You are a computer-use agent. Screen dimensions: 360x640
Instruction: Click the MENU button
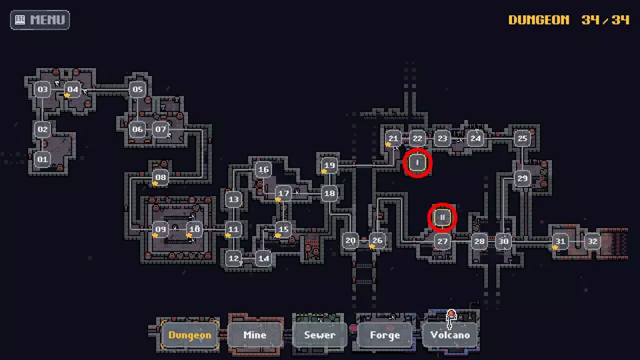pos(40,19)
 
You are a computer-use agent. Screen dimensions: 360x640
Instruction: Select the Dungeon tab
pos(189,335)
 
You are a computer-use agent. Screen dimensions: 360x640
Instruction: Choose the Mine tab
pos(255,335)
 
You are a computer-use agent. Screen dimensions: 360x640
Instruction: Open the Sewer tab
pos(319,335)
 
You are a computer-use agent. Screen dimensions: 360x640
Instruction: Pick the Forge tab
pos(385,335)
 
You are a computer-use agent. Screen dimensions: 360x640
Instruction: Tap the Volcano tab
pos(450,335)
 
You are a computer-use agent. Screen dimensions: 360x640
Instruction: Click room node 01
pos(43,159)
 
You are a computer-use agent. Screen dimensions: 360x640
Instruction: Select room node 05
pos(137,89)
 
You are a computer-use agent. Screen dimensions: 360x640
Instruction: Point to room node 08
pos(161,178)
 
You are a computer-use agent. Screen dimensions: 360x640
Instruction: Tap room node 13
pos(233,199)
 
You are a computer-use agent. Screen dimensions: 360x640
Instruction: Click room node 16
pos(263,169)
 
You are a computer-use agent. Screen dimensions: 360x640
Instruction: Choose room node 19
pos(329,165)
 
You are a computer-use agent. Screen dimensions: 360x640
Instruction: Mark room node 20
pos(351,241)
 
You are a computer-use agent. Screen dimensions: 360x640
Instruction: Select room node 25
pos(522,139)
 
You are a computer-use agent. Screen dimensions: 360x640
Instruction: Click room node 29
pos(522,178)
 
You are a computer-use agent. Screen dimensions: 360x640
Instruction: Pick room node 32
pos(592,241)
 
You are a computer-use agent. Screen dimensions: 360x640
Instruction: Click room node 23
pos(442,139)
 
